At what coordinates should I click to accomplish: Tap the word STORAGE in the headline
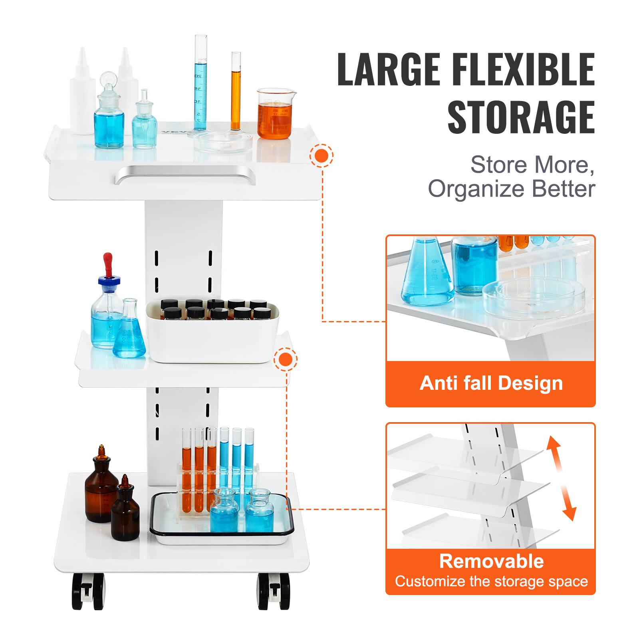pos(521,117)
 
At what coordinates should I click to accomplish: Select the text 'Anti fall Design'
pos(491,383)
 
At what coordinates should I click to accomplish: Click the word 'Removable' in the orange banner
pos(491,561)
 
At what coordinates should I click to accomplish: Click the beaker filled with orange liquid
pos(274,116)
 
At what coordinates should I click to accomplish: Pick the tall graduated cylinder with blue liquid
pos(200,84)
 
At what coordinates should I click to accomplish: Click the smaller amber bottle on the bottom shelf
pos(125,511)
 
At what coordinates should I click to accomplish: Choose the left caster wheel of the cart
pos(88,591)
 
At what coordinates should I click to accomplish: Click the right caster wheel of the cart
pos(274,591)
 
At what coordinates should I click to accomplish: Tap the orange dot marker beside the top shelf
pos(321,155)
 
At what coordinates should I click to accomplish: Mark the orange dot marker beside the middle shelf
pos(286,359)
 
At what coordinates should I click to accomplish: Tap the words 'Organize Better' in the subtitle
pos(511,189)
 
